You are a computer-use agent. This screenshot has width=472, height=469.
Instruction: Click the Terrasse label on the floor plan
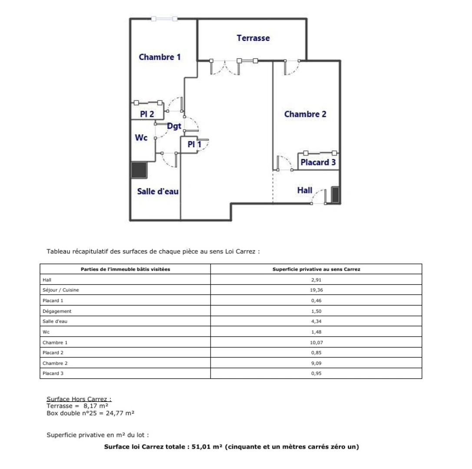(x=253, y=38)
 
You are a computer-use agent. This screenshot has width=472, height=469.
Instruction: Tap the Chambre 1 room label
(x=159, y=57)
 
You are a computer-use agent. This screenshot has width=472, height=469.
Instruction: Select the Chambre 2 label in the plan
(x=305, y=114)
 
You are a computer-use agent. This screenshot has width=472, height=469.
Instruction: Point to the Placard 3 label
(x=318, y=162)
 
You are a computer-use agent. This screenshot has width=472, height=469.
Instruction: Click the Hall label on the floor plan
(x=304, y=190)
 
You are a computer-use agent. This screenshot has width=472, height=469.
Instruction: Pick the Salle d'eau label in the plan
(x=158, y=191)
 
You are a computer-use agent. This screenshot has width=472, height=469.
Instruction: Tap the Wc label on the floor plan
(x=141, y=138)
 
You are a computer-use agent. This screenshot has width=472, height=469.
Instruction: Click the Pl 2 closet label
(x=147, y=114)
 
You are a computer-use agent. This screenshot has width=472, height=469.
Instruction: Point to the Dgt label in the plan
(x=174, y=126)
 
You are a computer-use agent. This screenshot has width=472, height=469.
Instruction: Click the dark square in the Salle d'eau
(x=139, y=170)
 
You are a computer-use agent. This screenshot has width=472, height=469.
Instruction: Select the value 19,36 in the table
(x=317, y=290)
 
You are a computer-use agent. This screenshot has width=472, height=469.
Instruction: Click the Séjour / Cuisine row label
(x=60, y=290)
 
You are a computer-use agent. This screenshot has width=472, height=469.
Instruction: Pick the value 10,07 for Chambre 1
(x=317, y=342)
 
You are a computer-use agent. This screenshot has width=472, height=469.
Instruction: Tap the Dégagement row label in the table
(x=57, y=311)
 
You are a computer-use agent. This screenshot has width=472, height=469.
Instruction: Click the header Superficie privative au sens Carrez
(x=316, y=269)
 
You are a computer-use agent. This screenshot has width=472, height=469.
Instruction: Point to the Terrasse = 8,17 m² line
(x=77, y=406)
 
